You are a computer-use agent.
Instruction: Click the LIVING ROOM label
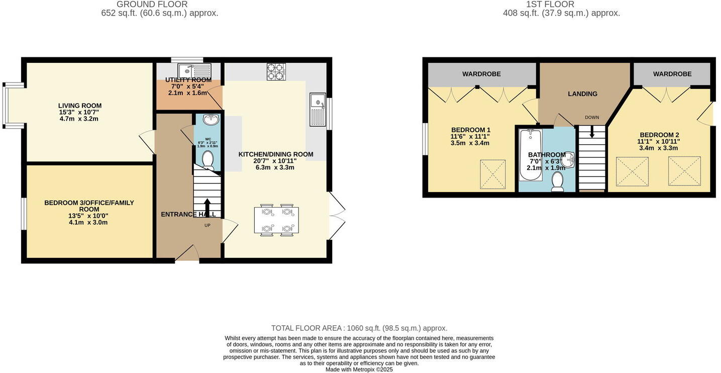(x=80, y=106)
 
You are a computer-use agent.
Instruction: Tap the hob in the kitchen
(x=276, y=71)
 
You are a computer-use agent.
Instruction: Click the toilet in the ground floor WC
(x=207, y=160)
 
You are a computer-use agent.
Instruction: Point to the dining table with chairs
(x=276, y=220)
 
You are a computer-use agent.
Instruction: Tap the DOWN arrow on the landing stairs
(x=592, y=132)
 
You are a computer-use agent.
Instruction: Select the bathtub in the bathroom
(x=531, y=155)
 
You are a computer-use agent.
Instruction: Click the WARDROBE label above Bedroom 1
(x=481, y=74)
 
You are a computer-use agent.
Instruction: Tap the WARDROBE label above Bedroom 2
(x=672, y=74)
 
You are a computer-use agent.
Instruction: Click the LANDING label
(x=582, y=94)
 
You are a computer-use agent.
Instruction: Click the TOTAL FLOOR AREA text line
(x=359, y=328)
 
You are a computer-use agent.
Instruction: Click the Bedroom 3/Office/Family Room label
(x=89, y=206)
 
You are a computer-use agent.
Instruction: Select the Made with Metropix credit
(x=359, y=369)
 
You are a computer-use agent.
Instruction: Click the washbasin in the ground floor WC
(x=210, y=120)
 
